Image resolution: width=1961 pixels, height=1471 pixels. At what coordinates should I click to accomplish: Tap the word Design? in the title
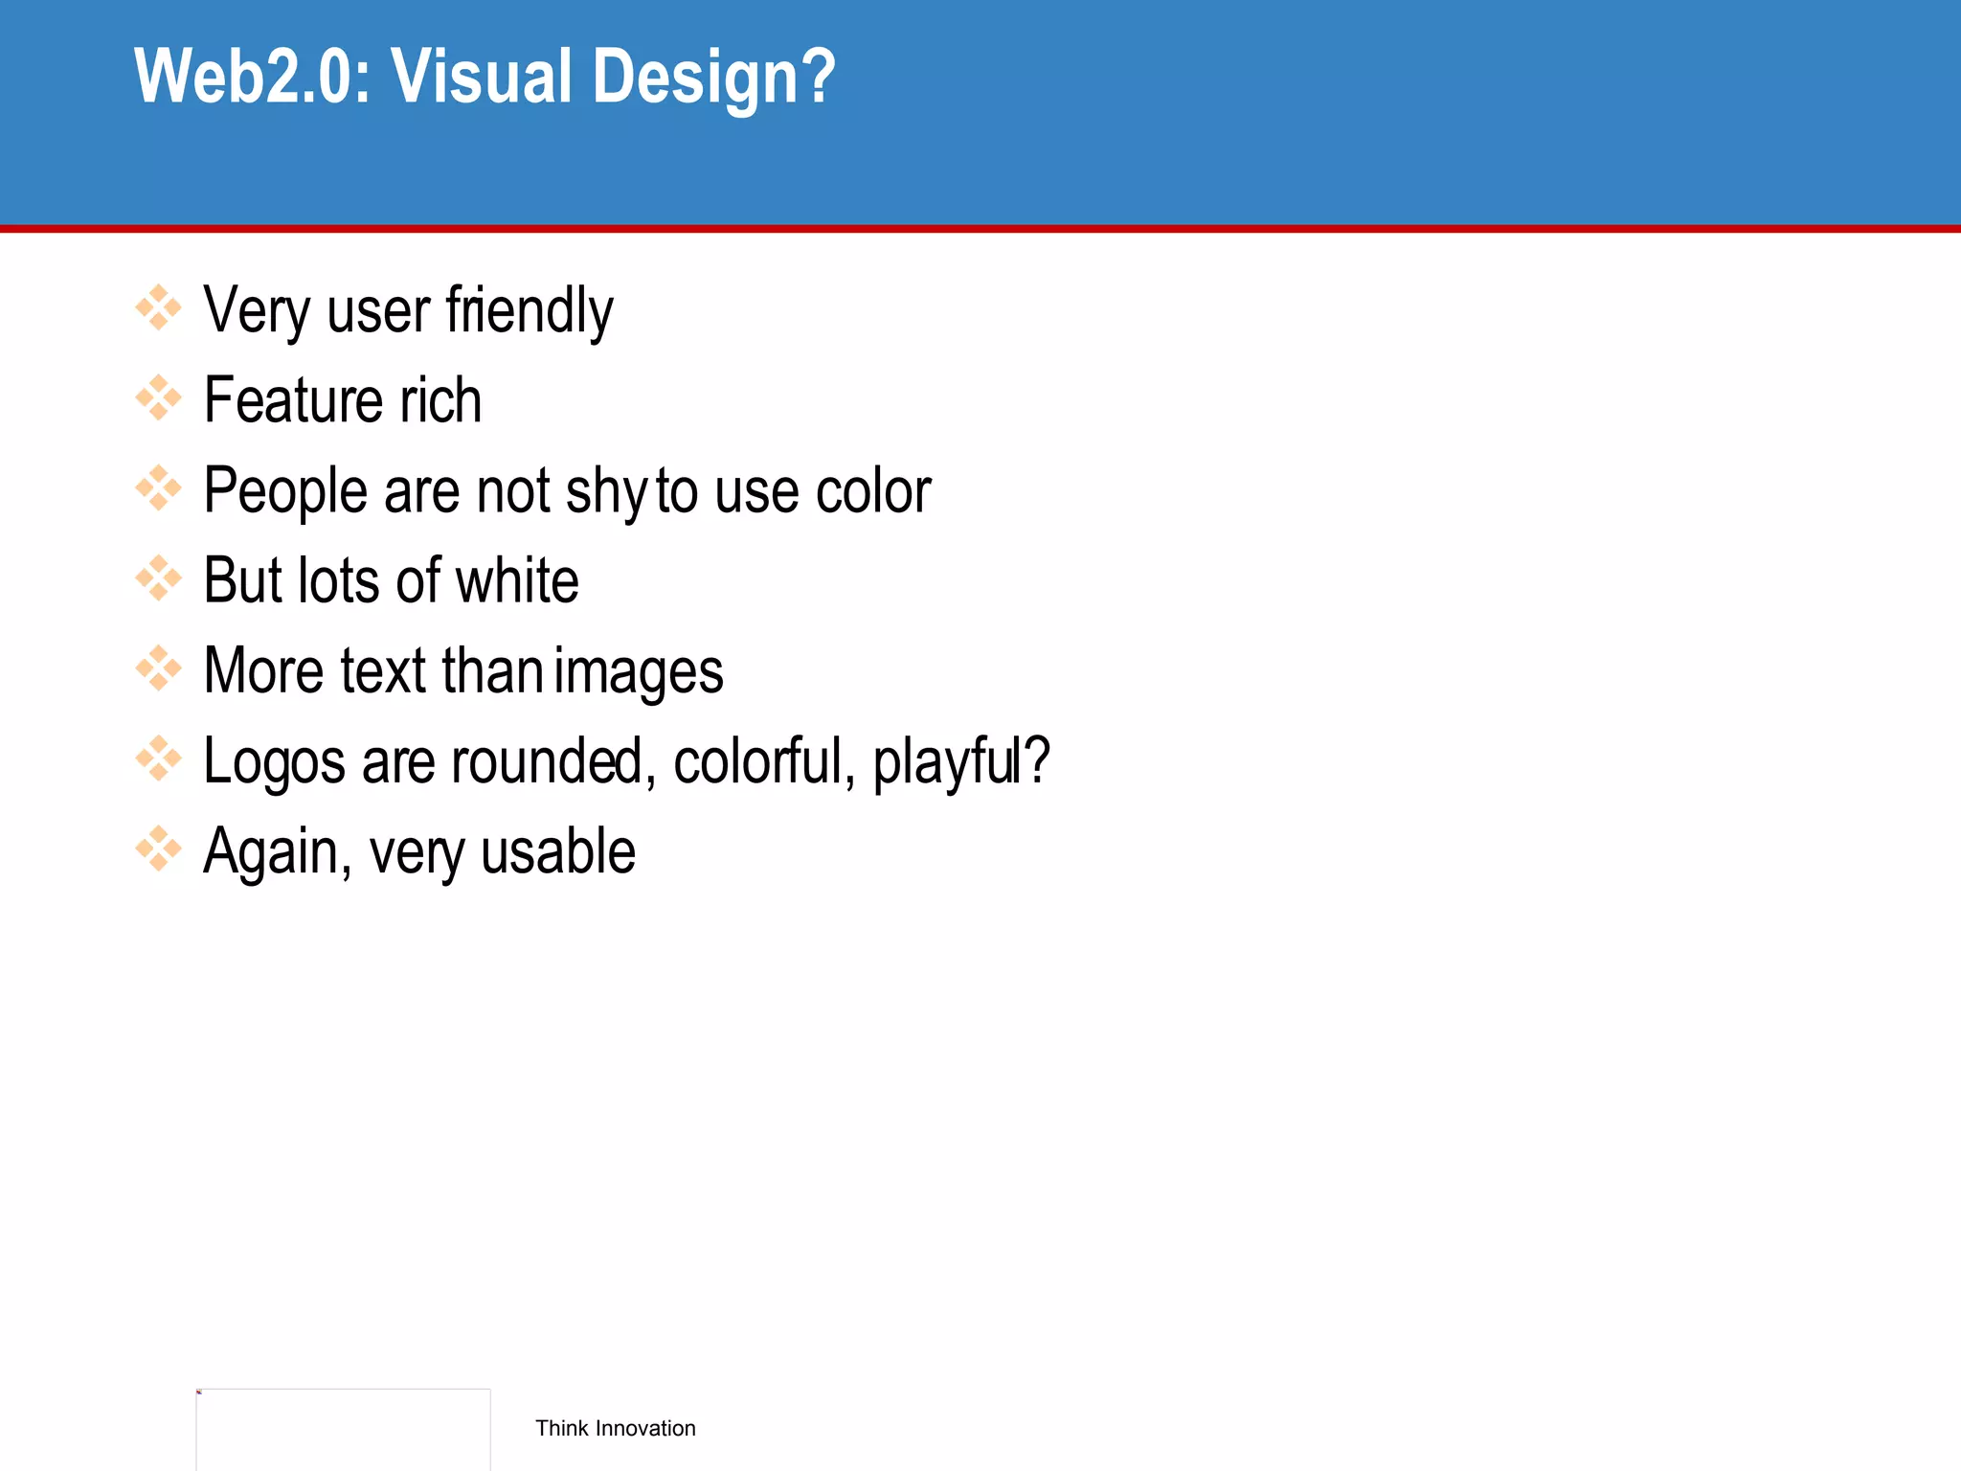coord(714,77)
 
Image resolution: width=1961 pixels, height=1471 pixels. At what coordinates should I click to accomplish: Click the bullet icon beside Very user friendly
coord(158,308)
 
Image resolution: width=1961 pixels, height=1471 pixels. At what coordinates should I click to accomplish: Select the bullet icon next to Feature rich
coord(158,398)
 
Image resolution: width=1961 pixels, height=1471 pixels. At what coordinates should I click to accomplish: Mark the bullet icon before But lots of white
coord(158,578)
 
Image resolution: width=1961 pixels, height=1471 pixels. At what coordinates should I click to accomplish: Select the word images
coord(639,671)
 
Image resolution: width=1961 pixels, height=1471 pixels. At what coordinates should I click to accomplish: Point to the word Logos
coord(275,762)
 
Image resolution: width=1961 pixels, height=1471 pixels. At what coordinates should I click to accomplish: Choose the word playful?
coord(961,762)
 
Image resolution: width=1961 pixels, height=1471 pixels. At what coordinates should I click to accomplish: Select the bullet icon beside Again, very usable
coord(158,849)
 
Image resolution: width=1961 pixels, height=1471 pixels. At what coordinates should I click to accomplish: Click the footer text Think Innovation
coord(615,1428)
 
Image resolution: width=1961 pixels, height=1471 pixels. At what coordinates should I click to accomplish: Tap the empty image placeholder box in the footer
coord(343,1429)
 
